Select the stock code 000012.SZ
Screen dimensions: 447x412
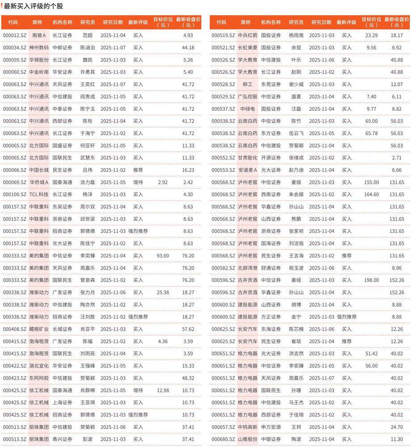[15, 35]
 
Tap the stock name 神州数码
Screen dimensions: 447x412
[39, 47]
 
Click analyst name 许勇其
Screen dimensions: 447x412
[88, 72]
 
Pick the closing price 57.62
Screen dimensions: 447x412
[188, 329]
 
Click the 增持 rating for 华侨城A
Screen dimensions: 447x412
[138, 182]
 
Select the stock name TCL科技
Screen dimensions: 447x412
[39, 194]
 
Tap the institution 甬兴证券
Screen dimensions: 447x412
[62, 439]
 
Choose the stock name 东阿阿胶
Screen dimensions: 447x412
[39, 378]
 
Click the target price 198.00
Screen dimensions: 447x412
[371, 280]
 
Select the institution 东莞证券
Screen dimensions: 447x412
[271, 84]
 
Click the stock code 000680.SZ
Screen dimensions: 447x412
[223, 439]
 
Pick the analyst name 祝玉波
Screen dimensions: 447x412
[296, 268]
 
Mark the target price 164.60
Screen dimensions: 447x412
[371, 194]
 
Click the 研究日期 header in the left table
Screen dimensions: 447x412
[113, 22]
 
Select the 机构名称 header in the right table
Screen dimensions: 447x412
[271, 22]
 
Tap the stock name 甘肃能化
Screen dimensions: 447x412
[248, 158]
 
